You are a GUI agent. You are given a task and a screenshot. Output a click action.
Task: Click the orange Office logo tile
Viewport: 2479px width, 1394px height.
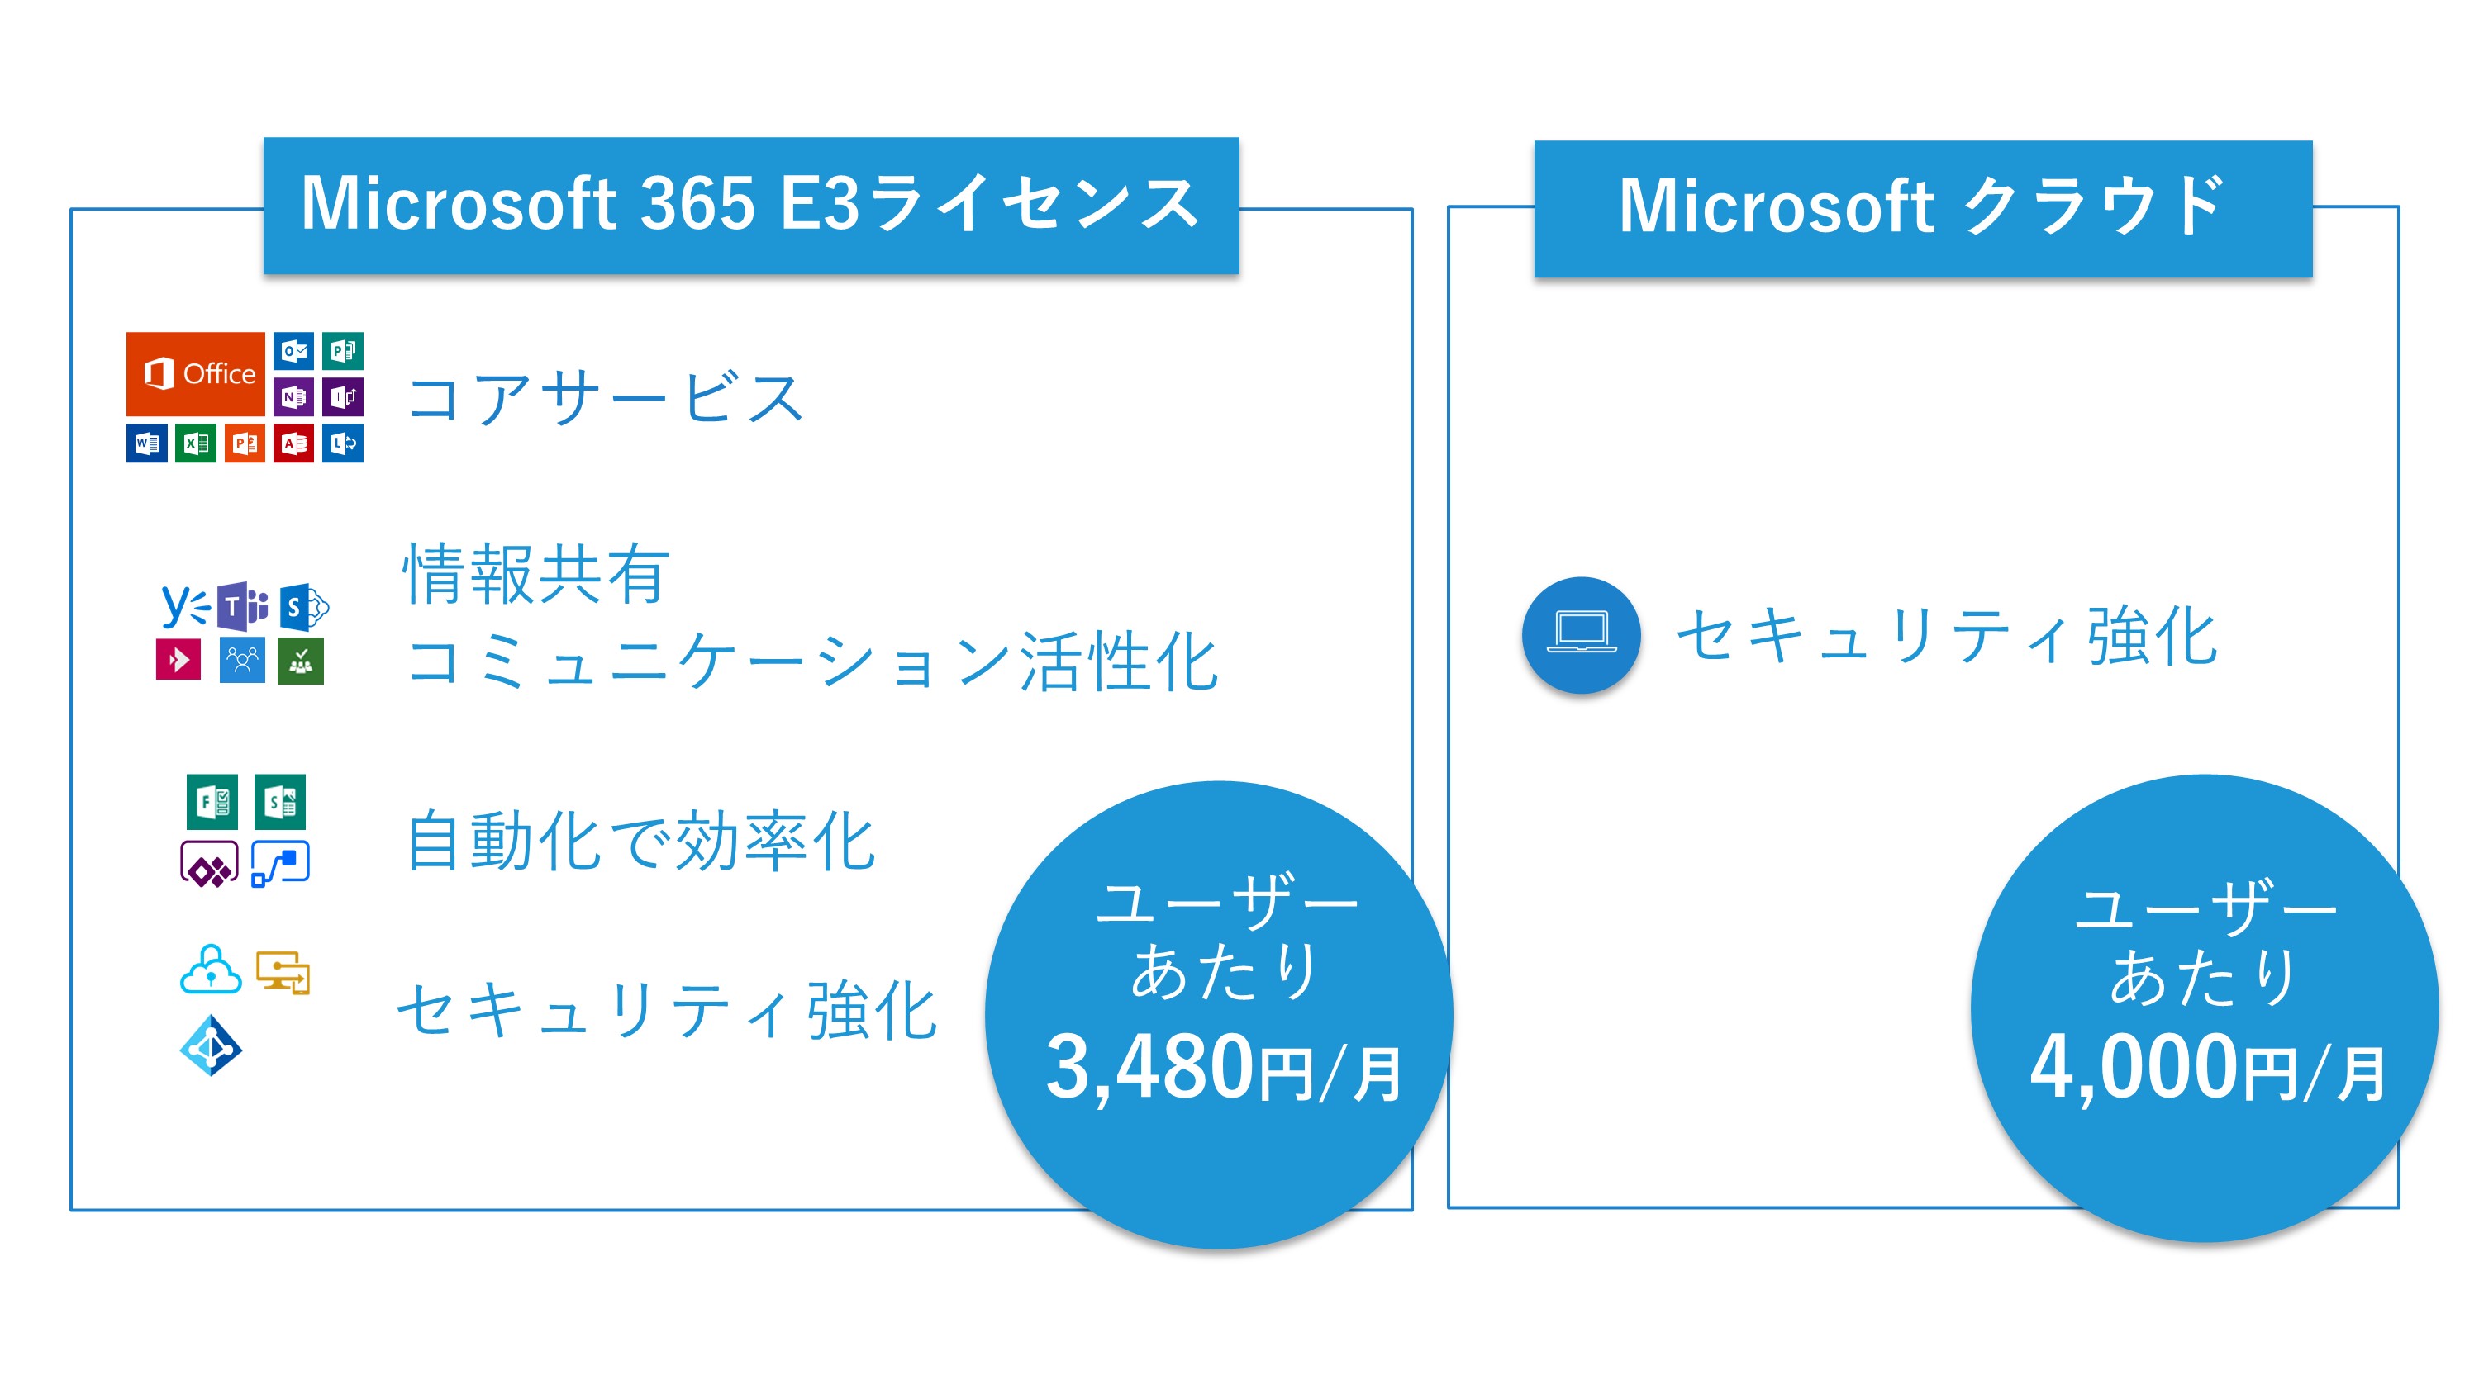pyautogui.click(x=195, y=373)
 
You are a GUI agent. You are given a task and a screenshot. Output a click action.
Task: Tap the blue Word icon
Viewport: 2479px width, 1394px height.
pyautogui.click(x=146, y=443)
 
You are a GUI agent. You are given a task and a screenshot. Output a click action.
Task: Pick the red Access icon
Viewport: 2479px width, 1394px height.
pyautogui.click(x=293, y=443)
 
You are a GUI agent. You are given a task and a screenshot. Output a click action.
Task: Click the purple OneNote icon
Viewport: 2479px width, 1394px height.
pyautogui.click(x=293, y=396)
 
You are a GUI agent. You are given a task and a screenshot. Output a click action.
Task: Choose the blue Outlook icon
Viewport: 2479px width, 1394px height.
pyautogui.click(x=293, y=351)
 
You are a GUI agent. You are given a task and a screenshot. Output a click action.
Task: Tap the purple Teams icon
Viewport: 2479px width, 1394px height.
pyautogui.click(x=241, y=606)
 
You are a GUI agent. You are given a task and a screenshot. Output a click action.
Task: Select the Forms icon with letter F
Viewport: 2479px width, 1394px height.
pyautogui.click(x=212, y=801)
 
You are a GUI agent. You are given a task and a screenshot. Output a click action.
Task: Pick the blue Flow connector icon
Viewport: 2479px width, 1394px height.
pyautogui.click(x=280, y=863)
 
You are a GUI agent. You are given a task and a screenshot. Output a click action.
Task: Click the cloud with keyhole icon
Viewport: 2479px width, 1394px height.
pyautogui.click(x=211, y=970)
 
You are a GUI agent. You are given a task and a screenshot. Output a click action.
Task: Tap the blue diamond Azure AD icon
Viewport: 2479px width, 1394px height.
pyautogui.click(x=211, y=1046)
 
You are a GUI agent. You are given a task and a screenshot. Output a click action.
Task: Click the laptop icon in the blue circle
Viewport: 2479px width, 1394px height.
pyautogui.click(x=1581, y=635)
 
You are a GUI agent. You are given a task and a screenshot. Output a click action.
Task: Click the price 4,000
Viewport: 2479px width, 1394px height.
pyautogui.click(x=2134, y=1068)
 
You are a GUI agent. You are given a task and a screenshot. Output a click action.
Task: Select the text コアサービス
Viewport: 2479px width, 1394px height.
pyautogui.click(x=606, y=397)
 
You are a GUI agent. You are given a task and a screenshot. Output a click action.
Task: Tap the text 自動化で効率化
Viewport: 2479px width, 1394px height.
pyautogui.click(x=641, y=841)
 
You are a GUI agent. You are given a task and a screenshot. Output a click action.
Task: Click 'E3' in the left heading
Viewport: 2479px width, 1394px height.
pyautogui.click(x=819, y=204)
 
